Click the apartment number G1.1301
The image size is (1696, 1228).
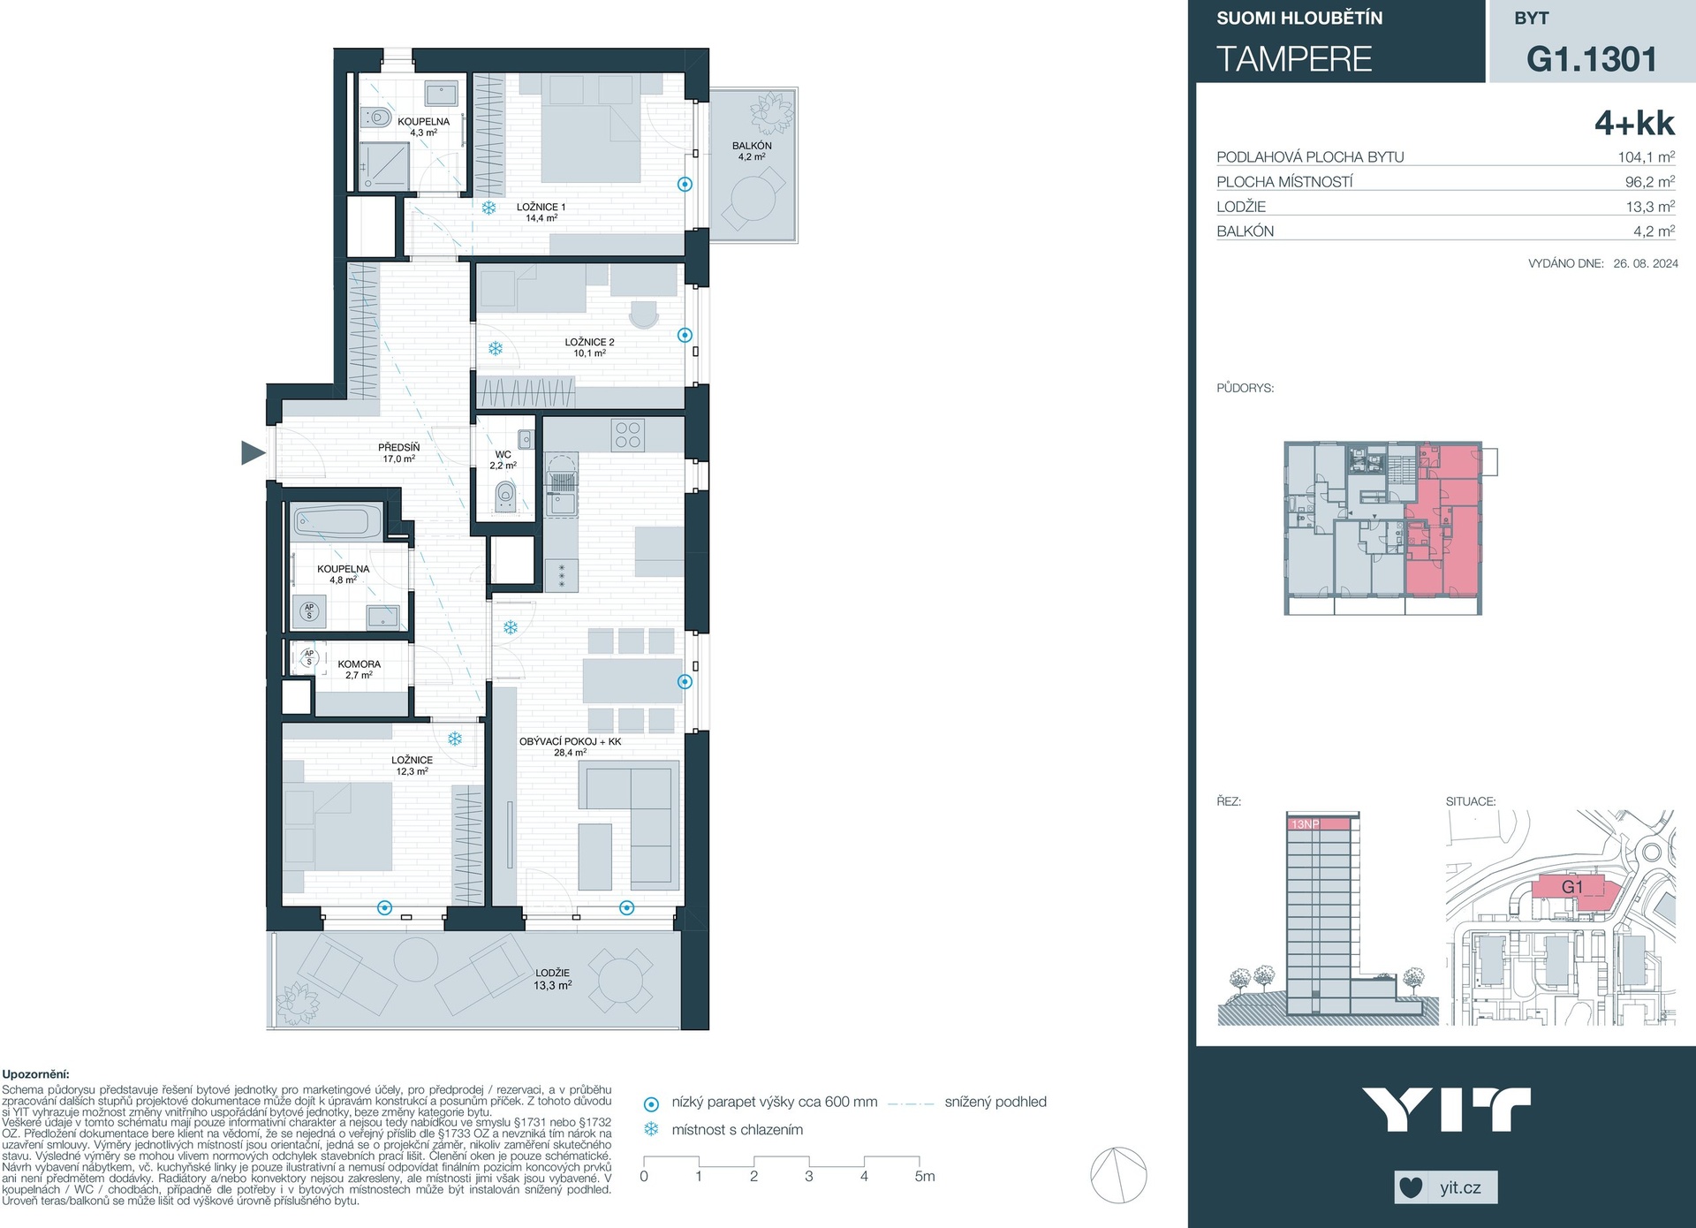point(1592,59)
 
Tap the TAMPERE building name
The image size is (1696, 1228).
point(1294,59)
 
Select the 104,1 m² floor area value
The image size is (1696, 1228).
point(1647,157)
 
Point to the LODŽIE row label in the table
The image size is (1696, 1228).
point(1241,207)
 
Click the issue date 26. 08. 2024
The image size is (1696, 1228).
point(1646,263)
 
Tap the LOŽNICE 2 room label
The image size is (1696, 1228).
point(589,342)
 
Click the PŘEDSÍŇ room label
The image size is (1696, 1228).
point(399,448)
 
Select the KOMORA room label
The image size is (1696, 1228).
point(360,664)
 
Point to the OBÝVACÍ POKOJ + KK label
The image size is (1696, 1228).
point(570,741)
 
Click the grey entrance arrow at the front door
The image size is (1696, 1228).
point(253,453)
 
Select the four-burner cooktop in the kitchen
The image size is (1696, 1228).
point(628,435)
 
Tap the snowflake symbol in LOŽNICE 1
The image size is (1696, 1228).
point(488,208)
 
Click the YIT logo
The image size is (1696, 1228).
point(1446,1111)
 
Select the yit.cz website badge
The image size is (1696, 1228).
point(1446,1187)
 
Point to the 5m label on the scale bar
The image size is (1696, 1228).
point(924,1177)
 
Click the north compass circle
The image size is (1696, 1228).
point(1118,1175)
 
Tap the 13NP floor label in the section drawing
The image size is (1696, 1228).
point(1305,824)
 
